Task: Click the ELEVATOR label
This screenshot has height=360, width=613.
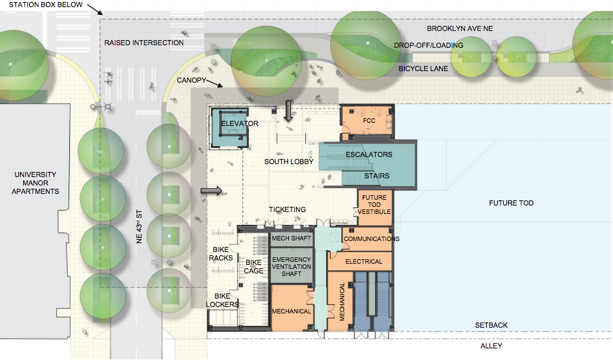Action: [239, 123]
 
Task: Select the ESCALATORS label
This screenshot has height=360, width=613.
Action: [369, 155]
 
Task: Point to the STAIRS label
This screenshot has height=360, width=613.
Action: [377, 175]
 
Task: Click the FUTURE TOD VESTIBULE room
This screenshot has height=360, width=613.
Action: [374, 205]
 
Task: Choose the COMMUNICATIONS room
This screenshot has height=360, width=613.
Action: [371, 239]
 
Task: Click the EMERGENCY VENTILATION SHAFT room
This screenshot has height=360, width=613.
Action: [291, 266]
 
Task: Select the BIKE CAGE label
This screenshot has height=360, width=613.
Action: [253, 266]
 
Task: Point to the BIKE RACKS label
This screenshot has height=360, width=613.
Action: [220, 253]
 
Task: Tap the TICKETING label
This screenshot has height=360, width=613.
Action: [287, 209]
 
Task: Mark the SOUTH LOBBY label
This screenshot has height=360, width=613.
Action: [288, 162]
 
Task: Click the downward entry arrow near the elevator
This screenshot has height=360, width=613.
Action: [288, 111]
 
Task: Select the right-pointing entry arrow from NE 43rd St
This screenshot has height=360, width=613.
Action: [211, 191]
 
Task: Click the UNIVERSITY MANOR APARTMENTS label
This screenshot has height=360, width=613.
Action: [36, 183]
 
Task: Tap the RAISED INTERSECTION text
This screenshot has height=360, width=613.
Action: [144, 43]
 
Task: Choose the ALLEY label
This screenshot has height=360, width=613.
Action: [491, 346]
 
